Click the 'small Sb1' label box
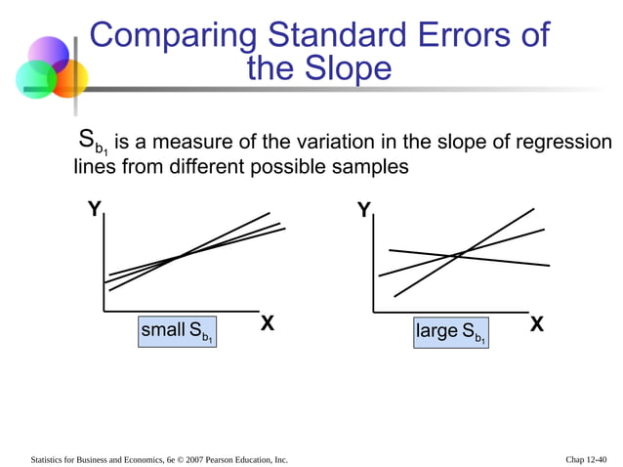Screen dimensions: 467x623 (x=177, y=332)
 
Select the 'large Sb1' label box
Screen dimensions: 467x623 (x=451, y=332)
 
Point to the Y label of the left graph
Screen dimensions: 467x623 (x=94, y=209)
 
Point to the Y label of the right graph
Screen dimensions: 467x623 (x=363, y=210)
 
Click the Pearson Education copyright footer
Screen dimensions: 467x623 (x=159, y=458)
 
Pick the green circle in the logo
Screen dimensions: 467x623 (x=34, y=79)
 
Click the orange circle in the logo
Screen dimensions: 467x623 (x=69, y=78)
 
